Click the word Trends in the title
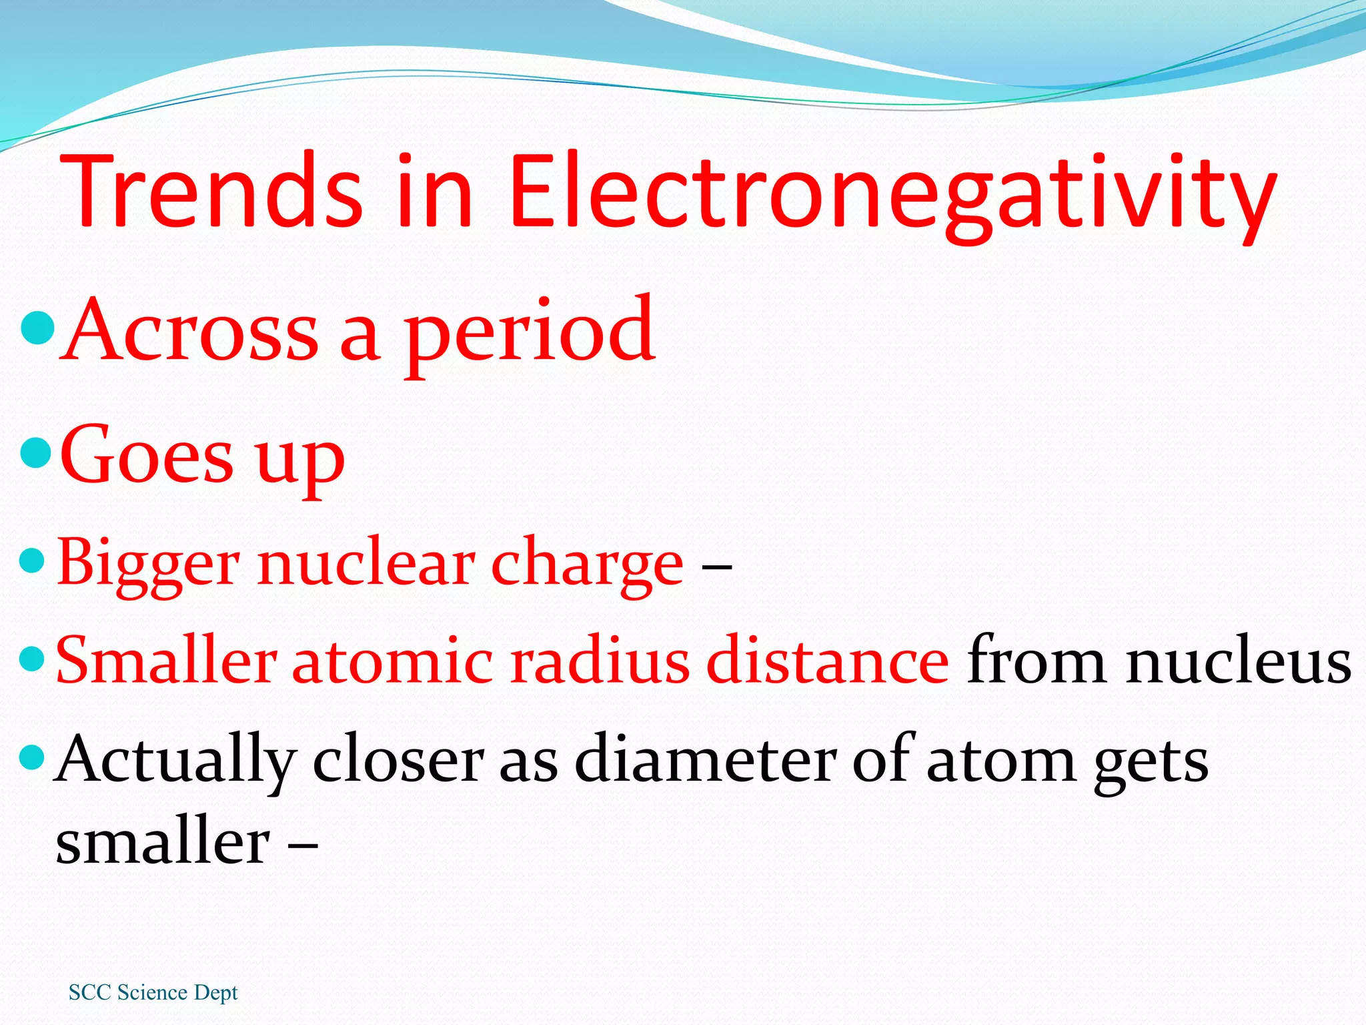[212, 191]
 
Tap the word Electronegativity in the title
[892, 194]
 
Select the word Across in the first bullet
[190, 330]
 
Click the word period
[530, 332]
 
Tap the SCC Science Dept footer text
[153, 992]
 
